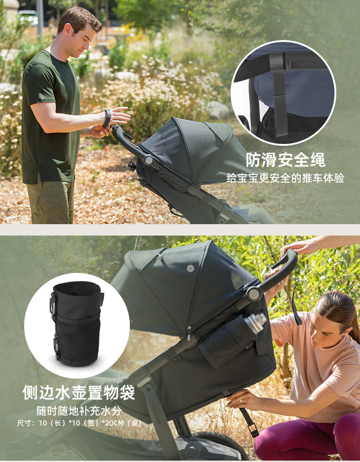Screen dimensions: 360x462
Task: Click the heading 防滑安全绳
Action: coord(285,160)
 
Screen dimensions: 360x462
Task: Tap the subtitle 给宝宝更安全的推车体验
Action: coord(285,178)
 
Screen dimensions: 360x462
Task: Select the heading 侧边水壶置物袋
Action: coord(79,392)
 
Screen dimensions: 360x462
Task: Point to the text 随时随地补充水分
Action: coord(79,411)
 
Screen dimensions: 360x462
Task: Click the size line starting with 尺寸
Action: coord(79,423)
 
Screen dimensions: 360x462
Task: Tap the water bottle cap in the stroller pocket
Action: coord(255,323)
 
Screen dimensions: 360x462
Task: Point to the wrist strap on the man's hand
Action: coord(107,119)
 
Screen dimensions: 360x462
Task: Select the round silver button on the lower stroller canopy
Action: coord(190,268)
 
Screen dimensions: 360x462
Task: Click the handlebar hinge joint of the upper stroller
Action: coord(149,160)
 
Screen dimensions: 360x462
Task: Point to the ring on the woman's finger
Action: coord(241,401)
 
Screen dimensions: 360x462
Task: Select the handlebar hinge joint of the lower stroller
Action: coord(254,293)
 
